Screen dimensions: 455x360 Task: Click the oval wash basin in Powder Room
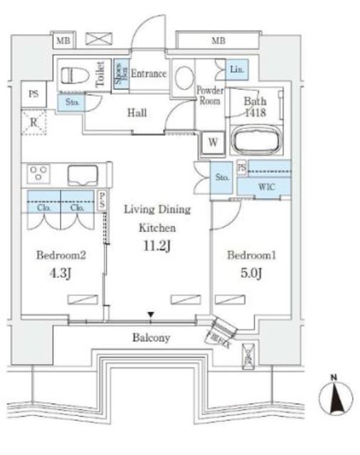[184, 77]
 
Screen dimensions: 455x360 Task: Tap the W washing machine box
[212, 141]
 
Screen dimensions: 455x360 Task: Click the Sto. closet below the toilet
[72, 103]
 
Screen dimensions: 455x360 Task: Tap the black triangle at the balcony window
[150, 314]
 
